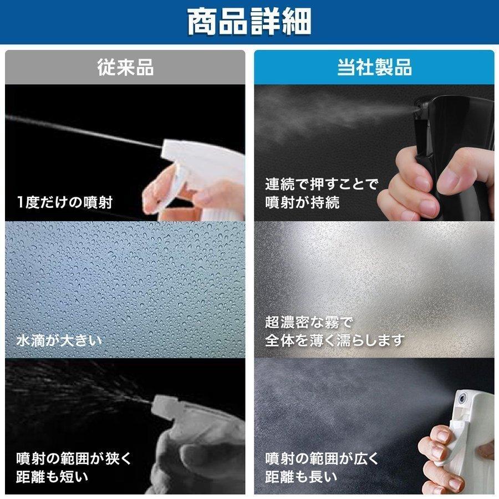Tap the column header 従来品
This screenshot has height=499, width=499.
click(x=125, y=68)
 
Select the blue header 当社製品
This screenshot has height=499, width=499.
click(x=374, y=68)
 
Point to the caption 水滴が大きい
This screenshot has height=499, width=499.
click(x=59, y=339)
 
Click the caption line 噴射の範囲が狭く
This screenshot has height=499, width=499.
click(x=74, y=459)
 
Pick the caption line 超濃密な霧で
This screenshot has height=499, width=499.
click(x=309, y=322)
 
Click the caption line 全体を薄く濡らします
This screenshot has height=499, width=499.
click(x=334, y=339)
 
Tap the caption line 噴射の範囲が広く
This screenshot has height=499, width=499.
click(x=322, y=459)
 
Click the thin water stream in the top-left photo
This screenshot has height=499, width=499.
click(x=83, y=130)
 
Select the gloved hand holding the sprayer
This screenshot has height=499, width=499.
click(x=189, y=449)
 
